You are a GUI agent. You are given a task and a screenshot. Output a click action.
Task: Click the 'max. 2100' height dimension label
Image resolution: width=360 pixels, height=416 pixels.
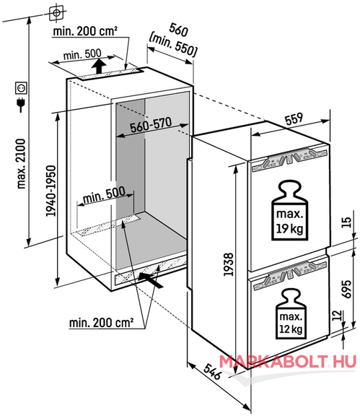21,164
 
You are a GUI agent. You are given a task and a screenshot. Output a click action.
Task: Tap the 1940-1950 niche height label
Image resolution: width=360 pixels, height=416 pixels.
51,191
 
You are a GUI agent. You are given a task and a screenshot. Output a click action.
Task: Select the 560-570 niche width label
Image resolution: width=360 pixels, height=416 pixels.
151,124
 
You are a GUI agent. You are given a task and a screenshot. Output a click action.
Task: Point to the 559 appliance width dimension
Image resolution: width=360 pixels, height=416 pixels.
294,118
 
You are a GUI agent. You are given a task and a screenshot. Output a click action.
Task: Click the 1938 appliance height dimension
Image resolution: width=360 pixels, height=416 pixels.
228,264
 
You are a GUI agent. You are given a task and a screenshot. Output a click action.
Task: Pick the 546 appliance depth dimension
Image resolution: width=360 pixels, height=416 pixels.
212,371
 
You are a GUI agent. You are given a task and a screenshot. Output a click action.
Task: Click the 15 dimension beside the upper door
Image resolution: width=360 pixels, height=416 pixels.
346,222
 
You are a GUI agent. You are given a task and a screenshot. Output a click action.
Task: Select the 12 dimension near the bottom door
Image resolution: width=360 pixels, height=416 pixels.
337,316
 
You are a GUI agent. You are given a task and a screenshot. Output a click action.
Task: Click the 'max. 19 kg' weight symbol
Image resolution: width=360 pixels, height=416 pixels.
289,210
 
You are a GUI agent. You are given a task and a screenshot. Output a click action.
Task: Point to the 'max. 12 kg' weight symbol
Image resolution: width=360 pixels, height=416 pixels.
291,314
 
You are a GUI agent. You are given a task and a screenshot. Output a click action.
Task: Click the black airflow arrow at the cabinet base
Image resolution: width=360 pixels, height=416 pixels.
151,279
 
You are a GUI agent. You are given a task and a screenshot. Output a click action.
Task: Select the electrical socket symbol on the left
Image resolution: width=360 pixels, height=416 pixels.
21,88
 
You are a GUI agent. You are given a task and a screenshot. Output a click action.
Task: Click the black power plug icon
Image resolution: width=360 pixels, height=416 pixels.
21,104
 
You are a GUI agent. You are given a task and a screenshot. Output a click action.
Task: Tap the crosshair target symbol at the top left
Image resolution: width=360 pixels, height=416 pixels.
56,12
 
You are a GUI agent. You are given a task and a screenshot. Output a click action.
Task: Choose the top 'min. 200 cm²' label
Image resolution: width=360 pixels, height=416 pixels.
85,31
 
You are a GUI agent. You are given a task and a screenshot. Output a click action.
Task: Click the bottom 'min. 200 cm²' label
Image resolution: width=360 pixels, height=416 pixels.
101,323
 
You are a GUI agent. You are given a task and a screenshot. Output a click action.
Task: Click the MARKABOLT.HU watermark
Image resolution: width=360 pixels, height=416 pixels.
288,362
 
